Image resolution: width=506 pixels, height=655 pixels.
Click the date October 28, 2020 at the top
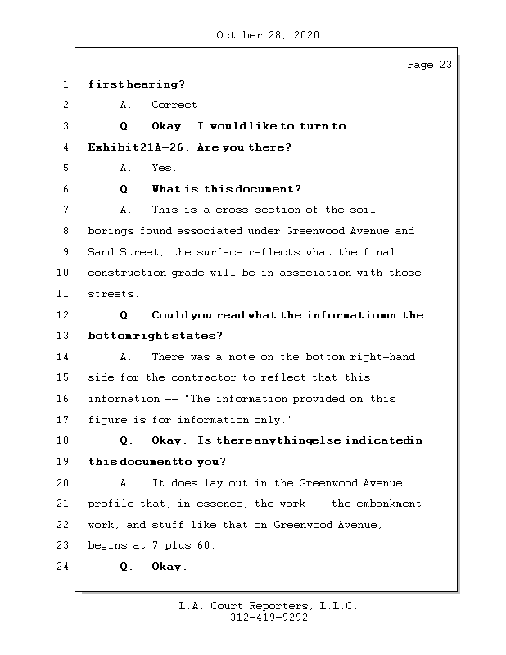tap(267, 35)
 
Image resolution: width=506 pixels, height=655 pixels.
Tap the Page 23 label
tap(429, 65)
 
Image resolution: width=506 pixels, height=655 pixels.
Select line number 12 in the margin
tap(65, 315)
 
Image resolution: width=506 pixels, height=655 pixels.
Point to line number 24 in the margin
tap(65, 567)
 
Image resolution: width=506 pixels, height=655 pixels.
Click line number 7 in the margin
tap(65, 210)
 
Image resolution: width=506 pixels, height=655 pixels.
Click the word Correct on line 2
tap(176, 106)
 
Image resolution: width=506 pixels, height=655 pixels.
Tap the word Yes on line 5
tap(163, 169)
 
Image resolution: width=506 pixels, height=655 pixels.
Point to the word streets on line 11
tap(113, 294)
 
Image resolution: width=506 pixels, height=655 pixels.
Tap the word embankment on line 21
tap(386, 504)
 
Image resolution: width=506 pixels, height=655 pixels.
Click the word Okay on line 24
tap(169, 567)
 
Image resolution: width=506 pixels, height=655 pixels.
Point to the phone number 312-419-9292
tap(269, 618)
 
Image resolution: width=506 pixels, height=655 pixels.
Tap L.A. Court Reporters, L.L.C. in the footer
tap(269, 607)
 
